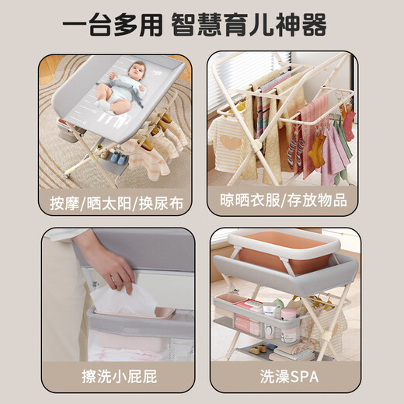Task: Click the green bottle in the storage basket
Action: point(278,304)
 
